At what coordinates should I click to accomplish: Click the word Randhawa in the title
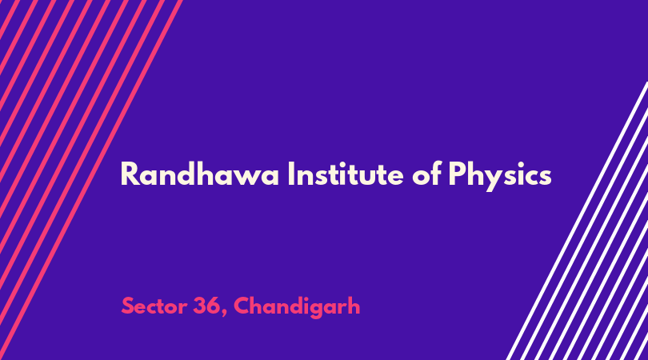point(200,174)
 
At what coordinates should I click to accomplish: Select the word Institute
point(346,174)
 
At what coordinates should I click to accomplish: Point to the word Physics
point(500,176)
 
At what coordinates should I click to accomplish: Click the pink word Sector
point(154,306)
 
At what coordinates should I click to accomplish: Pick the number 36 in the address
point(206,306)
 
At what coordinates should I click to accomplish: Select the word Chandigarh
point(297,307)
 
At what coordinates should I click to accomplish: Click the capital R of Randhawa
point(129,174)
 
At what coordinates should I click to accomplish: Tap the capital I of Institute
point(290,174)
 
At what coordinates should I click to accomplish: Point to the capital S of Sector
point(128,306)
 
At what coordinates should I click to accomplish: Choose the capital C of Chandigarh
point(242,306)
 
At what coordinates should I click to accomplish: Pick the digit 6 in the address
point(213,306)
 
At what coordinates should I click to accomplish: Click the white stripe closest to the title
point(577,221)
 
